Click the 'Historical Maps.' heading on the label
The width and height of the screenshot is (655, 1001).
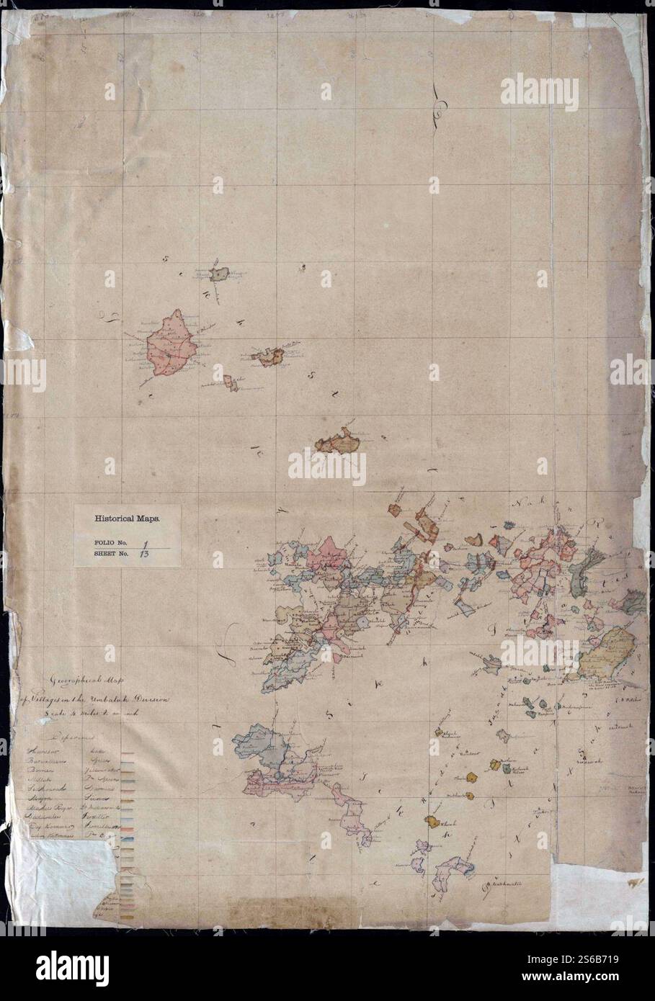[x=128, y=517]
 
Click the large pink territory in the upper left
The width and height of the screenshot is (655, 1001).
[x=172, y=347]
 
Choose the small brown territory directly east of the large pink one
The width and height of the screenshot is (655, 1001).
[x=268, y=355]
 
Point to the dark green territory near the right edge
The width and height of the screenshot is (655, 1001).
[x=585, y=568]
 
